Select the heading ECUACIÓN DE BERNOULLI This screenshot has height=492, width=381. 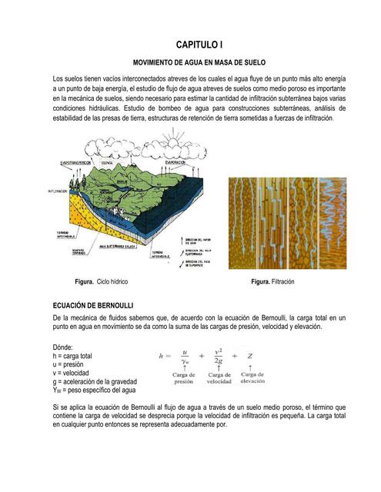click(92, 306)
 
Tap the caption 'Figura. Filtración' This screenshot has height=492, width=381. click(272, 282)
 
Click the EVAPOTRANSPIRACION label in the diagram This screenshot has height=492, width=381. click(78, 162)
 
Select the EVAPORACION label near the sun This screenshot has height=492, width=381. click(174, 163)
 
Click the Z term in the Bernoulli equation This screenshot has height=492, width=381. click(251, 356)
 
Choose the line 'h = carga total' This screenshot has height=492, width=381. click(72, 356)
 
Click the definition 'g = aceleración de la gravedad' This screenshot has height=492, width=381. click(94, 381)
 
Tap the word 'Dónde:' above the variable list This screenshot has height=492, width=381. click(64, 347)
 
